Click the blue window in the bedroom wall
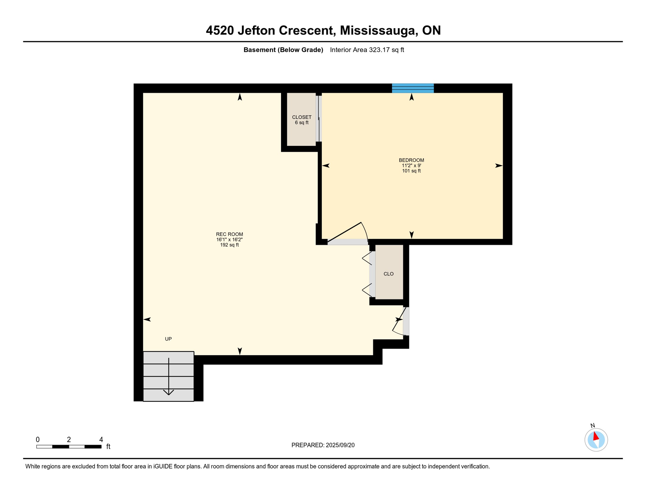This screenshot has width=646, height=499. [413, 88]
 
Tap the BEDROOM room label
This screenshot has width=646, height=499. [411, 160]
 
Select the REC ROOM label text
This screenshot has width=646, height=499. [229, 234]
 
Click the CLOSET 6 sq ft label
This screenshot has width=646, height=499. [302, 120]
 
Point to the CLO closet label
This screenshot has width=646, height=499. [388, 274]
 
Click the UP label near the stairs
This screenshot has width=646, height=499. [168, 339]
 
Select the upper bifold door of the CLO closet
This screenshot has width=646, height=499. [367, 258]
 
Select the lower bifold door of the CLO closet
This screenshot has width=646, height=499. [367, 290]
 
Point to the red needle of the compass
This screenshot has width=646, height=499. [596, 436]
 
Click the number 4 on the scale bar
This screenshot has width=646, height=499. [101, 440]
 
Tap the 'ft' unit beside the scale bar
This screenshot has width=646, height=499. [108, 447]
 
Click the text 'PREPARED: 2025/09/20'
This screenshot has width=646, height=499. [323, 445]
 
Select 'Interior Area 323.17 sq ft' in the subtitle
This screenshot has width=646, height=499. [367, 50]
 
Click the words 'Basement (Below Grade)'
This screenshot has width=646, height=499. [283, 50]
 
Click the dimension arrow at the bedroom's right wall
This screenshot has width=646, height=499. [498, 166]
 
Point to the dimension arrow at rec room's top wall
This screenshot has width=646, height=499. [240, 97]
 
